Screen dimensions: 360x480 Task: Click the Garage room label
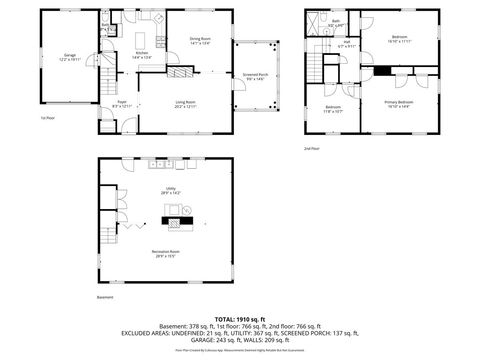point(70,56)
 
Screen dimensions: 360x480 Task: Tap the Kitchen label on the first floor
point(142,55)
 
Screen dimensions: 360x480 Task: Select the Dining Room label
point(199,41)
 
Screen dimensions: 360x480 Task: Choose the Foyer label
point(122,103)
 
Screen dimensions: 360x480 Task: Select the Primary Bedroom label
point(399,103)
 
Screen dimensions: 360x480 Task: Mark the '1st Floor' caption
point(46,117)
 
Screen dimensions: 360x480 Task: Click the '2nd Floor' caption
point(313,148)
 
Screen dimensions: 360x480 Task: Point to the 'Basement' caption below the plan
point(105,297)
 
